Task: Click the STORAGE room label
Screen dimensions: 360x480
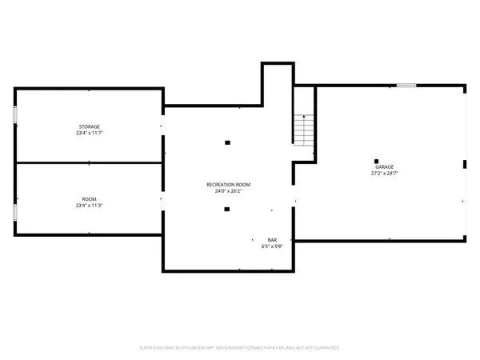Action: (89, 127)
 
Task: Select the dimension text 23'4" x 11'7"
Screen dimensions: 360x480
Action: (89, 134)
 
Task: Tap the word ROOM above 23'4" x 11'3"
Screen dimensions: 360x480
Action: (89, 199)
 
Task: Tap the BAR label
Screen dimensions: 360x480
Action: (272, 240)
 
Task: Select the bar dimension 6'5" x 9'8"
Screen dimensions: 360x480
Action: (272, 246)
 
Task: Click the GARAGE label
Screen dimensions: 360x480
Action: (384, 166)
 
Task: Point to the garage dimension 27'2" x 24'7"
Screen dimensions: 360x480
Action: (384, 173)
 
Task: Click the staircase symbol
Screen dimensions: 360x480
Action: (302, 128)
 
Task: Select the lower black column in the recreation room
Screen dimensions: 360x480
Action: (227, 210)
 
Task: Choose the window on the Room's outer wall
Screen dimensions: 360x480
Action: (14, 212)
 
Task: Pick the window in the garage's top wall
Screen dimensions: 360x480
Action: (406, 85)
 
